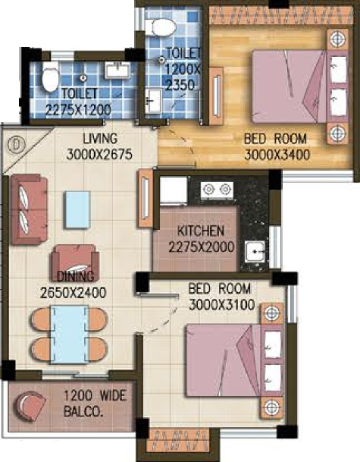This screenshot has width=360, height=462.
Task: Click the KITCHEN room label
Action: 200,231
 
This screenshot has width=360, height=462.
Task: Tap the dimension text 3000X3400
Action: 277,155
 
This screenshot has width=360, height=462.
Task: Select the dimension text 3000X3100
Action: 221,305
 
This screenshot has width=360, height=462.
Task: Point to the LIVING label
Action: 100,139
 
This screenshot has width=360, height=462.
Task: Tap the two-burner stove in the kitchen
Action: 217,189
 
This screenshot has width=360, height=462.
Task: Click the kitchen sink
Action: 255,251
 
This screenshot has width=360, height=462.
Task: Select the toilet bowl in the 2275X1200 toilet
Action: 50,80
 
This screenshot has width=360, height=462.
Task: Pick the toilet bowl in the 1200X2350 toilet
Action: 164,27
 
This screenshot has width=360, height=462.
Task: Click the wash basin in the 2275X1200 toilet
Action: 117,71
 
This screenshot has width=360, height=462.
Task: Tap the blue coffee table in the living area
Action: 77,209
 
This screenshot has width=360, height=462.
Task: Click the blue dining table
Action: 70,335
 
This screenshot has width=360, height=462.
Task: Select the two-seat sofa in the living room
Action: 29,209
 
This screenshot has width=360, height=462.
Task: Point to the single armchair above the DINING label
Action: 75,262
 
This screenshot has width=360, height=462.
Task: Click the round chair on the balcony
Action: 30,407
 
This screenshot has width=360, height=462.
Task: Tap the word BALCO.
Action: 83,412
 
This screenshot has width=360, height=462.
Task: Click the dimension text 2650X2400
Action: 73,293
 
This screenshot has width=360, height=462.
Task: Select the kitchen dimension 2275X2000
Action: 202,247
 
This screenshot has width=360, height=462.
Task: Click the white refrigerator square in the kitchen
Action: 174,190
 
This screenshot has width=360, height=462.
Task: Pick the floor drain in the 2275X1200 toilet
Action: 83,78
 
